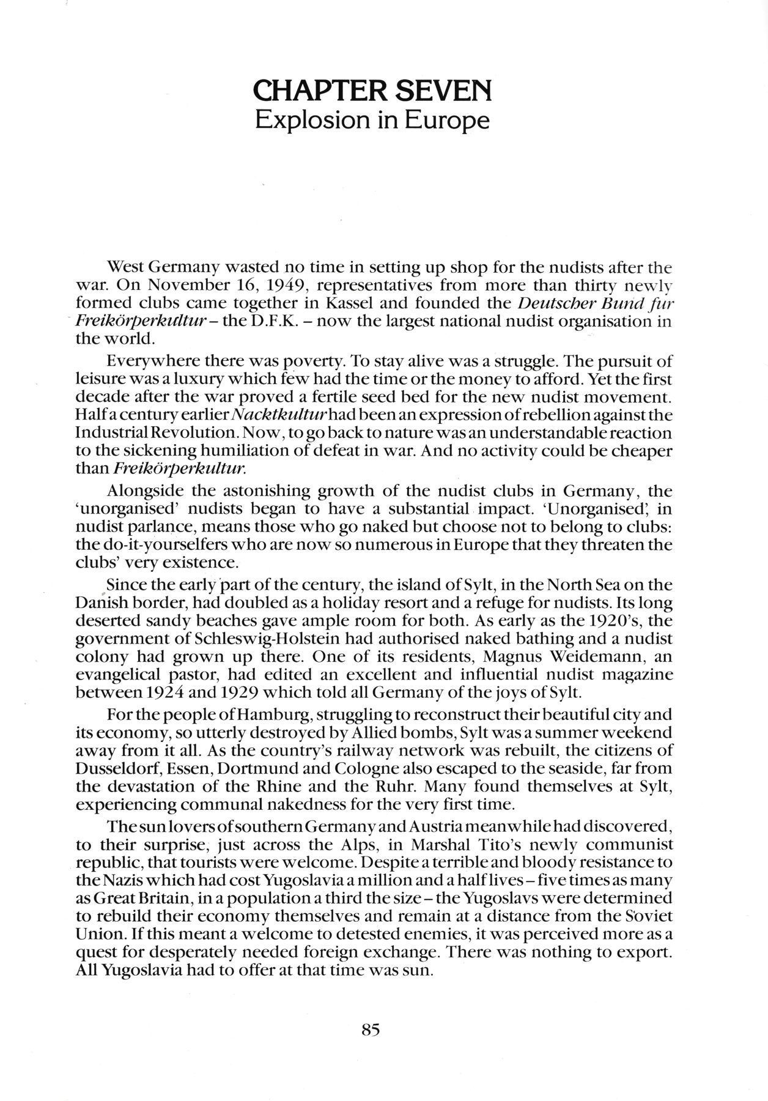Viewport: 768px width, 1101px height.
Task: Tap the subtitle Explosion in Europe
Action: pyautogui.click(x=372, y=120)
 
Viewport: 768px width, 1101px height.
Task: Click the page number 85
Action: pyautogui.click(x=371, y=1029)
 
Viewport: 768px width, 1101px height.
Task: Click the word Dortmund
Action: pyautogui.click(x=260, y=768)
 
